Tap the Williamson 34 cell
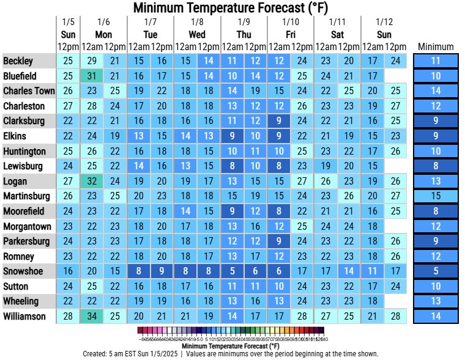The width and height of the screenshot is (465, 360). click(x=92, y=316)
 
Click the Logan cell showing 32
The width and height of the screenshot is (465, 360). click(x=92, y=181)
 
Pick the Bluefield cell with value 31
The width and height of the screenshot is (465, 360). click(x=92, y=76)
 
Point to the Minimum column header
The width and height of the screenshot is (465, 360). click(x=436, y=46)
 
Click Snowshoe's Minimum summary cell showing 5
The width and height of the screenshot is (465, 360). click(x=436, y=271)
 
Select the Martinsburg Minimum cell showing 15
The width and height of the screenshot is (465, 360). click(x=436, y=196)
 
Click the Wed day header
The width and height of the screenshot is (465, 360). click(x=197, y=34)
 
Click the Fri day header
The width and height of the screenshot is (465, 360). click(x=290, y=34)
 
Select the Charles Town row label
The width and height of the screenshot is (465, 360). click(x=28, y=91)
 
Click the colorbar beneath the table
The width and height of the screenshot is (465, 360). click(x=233, y=331)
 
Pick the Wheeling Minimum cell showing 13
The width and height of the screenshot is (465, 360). click(x=436, y=301)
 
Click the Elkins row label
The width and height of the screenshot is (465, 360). click(x=15, y=136)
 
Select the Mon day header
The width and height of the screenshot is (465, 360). click(x=103, y=34)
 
